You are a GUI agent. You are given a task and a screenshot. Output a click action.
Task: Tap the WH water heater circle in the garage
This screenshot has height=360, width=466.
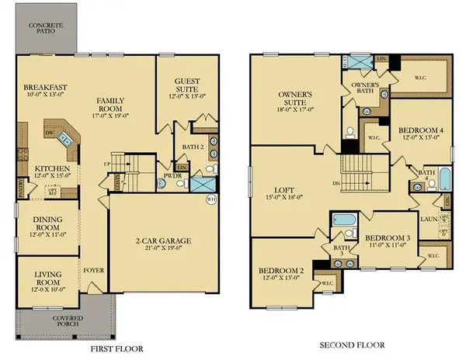coord(210,199)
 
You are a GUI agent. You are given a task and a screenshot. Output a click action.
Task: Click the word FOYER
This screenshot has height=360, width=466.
coord(94,272)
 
